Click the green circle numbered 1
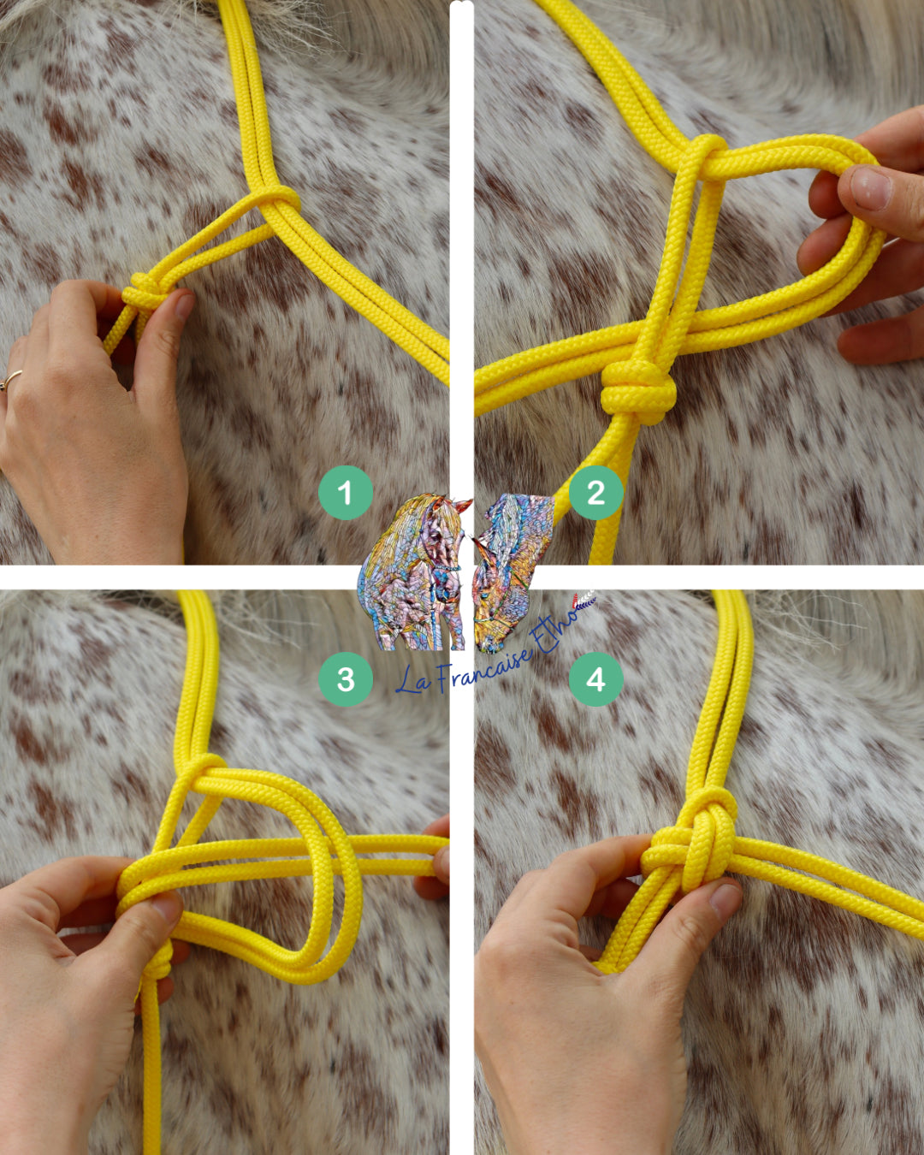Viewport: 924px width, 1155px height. point(346,492)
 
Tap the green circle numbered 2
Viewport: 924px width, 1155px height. point(596,492)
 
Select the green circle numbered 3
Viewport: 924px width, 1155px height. point(346,679)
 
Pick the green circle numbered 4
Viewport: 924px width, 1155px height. point(596,679)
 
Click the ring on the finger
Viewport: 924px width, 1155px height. point(11,380)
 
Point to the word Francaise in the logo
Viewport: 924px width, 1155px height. point(484,671)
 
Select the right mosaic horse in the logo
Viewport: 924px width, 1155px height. point(512,572)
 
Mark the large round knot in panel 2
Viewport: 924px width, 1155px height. point(638,392)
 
